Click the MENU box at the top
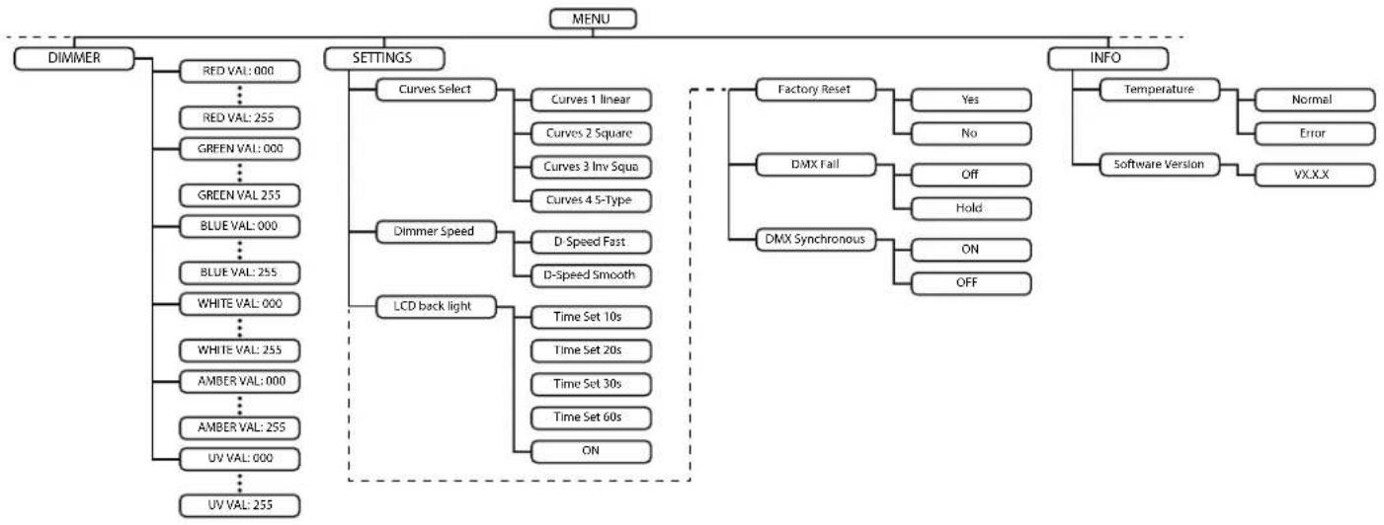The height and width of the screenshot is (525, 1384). [593, 19]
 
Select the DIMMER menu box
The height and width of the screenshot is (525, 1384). [74, 58]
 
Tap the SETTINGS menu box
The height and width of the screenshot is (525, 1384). [383, 58]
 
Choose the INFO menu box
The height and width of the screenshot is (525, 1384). [1107, 58]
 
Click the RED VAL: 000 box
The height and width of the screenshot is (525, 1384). [240, 71]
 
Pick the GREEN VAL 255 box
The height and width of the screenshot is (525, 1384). [240, 195]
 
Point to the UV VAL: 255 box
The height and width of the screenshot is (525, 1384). [240, 505]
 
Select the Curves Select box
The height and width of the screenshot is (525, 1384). [437, 90]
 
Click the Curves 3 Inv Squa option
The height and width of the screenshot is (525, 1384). [591, 167]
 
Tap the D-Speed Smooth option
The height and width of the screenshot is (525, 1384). [591, 275]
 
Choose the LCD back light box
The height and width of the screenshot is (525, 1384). [437, 306]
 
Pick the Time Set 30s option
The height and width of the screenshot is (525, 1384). [591, 384]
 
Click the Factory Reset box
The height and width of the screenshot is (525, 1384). [816, 90]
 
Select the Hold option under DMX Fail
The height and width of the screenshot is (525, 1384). [971, 208]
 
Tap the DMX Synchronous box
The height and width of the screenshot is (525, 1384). [816, 240]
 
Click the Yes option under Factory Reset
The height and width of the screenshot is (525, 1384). [971, 100]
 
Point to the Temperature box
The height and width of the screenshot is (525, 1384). [1160, 90]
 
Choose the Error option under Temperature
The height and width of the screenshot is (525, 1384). [1315, 133]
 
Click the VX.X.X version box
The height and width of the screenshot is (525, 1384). [1315, 175]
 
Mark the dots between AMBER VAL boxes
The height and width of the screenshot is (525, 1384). [240, 405]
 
